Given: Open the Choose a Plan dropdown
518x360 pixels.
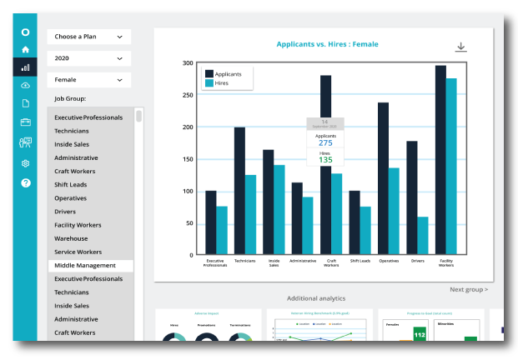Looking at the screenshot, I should pyautogui.click(x=88, y=37).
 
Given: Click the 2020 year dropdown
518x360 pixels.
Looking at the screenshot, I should pyautogui.click(x=88, y=58).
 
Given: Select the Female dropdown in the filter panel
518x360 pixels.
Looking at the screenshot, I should pyautogui.click(x=88, y=80).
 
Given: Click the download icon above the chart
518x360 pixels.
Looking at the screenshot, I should pyautogui.click(x=460, y=47).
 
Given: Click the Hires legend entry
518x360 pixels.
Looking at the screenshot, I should pyautogui.click(x=221, y=83).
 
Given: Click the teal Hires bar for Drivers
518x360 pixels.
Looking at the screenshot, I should pyautogui.click(x=423, y=236).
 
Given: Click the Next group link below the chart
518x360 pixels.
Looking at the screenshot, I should pyautogui.click(x=469, y=289).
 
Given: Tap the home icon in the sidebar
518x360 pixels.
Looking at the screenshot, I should pyautogui.click(x=25, y=50).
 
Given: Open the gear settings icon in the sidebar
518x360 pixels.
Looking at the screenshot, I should pyautogui.click(x=25, y=163).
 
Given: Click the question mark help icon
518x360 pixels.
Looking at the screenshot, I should pyautogui.click(x=25, y=182).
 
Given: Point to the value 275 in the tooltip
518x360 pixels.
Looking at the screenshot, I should pyautogui.click(x=325, y=143).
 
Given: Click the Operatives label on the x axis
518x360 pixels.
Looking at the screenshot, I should pyautogui.click(x=389, y=262).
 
